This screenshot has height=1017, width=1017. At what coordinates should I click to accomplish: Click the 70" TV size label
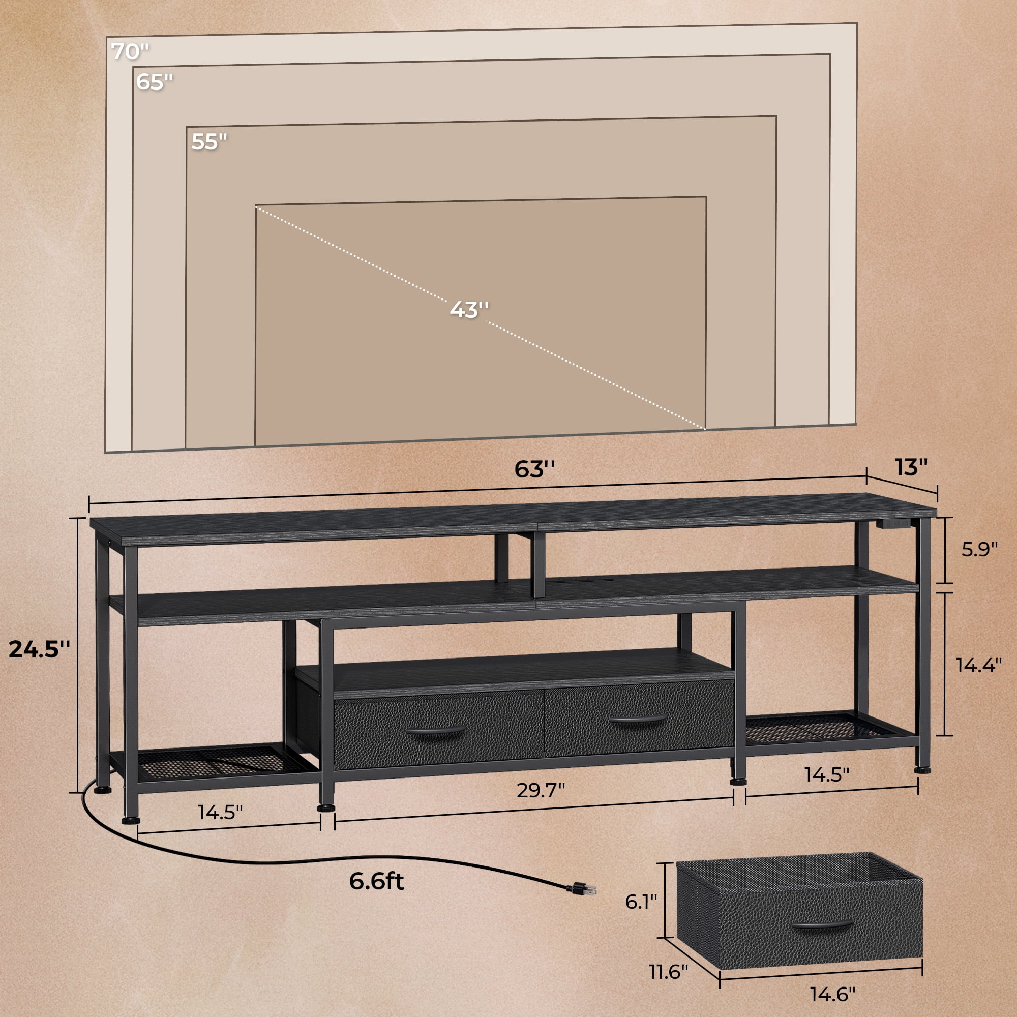pyautogui.click(x=130, y=51)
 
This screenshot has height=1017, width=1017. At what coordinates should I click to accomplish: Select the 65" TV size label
pyautogui.click(x=154, y=81)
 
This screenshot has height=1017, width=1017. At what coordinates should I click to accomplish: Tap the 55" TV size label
pyautogui.click(x=209, y=141)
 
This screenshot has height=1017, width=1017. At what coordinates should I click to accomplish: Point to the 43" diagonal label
pyautogui.click(x=469, y=309)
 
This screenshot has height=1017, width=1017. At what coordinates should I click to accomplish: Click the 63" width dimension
pyautogui.click(x=534, y=469)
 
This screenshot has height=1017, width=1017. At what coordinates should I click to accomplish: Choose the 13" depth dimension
pyautogui.click(x=911, y=467)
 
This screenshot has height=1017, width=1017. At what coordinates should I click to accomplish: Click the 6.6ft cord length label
pyautogui.click(x=376, y=881)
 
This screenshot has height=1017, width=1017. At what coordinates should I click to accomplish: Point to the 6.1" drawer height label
pyautogui.click(x=641, y=901)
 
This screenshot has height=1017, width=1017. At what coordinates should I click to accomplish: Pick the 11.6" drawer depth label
pyautogui.click(x=669, y=972)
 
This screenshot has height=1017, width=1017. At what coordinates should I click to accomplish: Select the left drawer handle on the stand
pyautogui.click(x=435, y=732)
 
